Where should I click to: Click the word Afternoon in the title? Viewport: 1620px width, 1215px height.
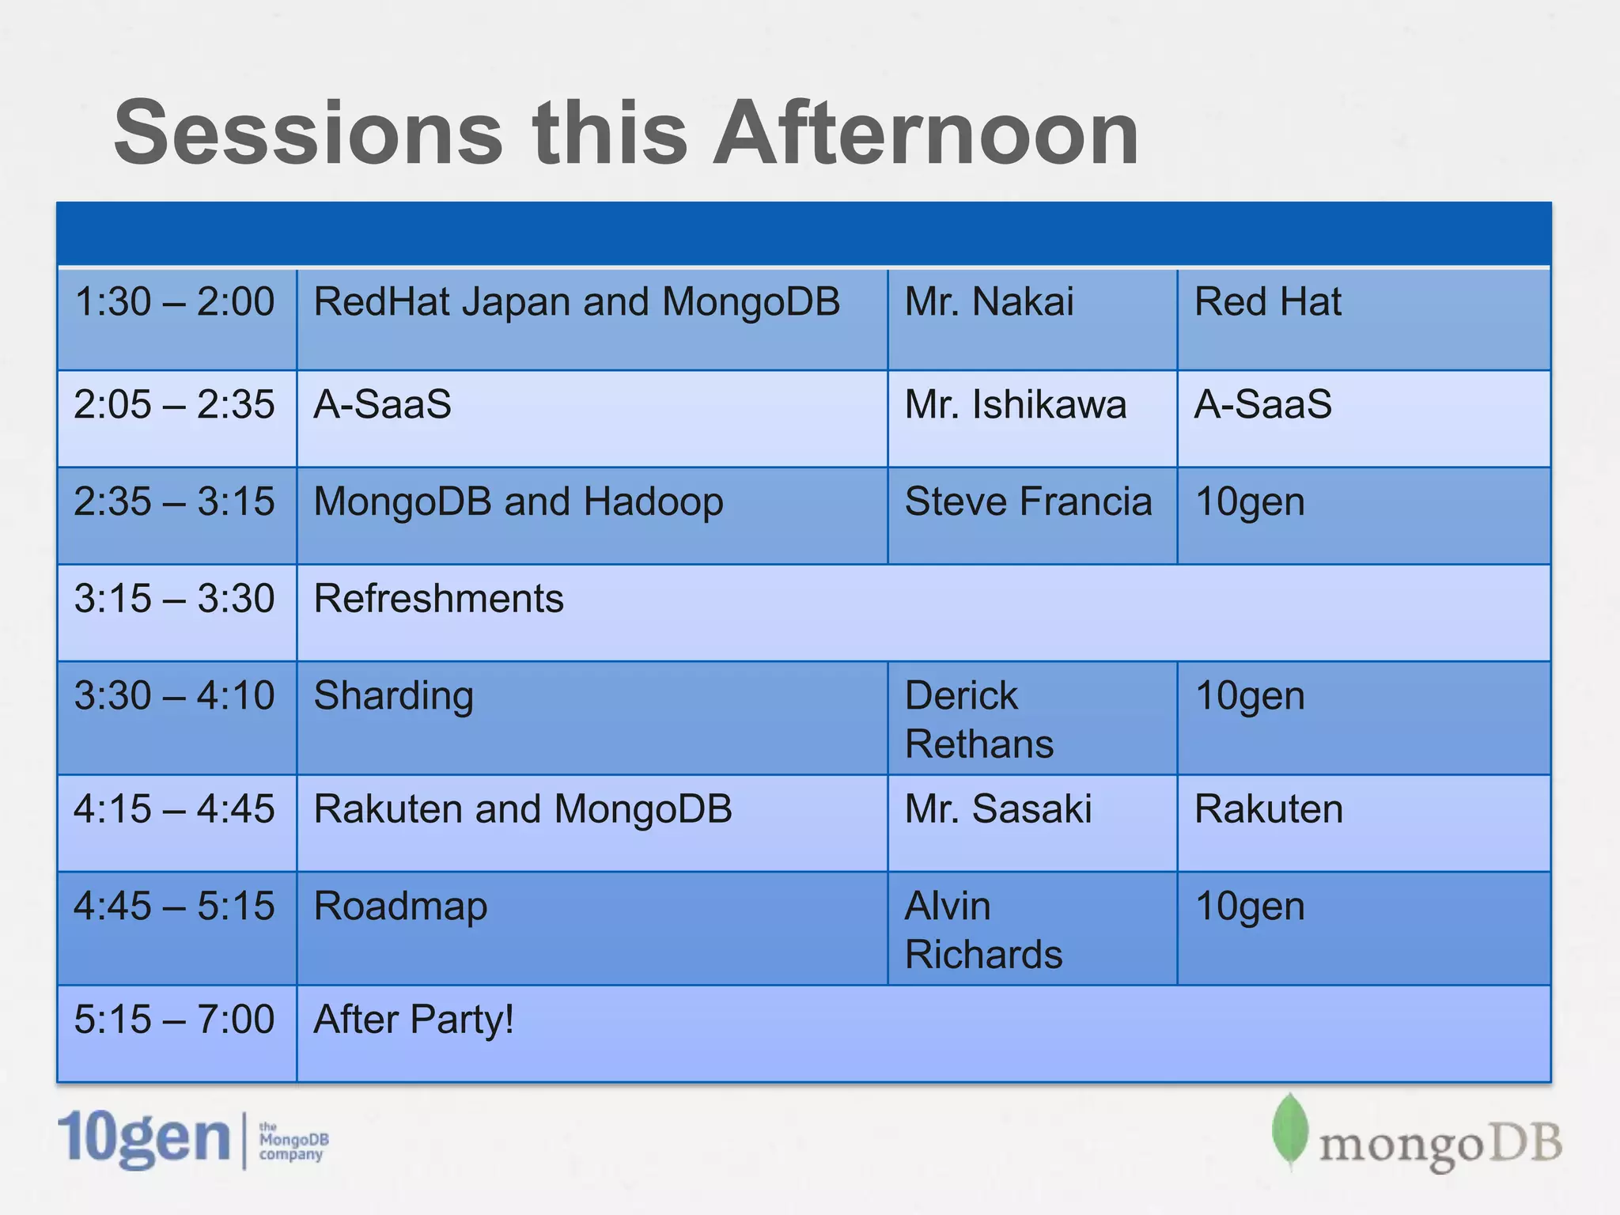point(925,133)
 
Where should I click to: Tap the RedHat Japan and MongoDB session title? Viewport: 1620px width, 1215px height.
point(577,302)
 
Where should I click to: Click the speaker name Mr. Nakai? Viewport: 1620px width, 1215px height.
point(989,302)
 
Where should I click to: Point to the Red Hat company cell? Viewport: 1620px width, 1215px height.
point(1267,302)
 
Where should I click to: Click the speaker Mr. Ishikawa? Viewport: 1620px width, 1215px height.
point(1015,404)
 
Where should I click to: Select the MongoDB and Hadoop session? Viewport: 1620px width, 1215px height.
point(518,502)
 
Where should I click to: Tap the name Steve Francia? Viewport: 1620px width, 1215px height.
point(1028,502)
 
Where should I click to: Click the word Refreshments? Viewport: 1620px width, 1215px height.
point(438,599)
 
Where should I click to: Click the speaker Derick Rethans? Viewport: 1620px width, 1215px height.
point(978,719)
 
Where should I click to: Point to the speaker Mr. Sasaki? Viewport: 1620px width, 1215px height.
point(997,809)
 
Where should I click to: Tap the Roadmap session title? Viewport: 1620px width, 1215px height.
point(400,907)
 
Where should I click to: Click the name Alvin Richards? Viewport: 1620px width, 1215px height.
point(982,929)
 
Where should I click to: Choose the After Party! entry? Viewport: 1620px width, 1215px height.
point(414,1020)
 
